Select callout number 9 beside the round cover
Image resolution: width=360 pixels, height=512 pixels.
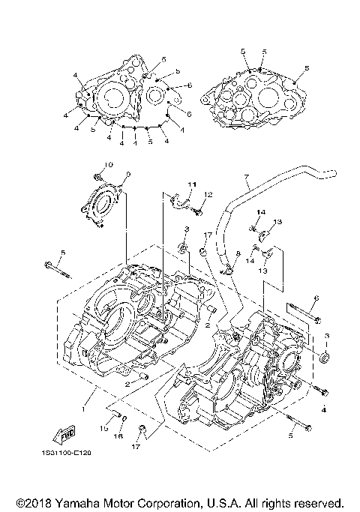tap(127, 175)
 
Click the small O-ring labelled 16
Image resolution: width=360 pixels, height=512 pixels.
tap(123, 418)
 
